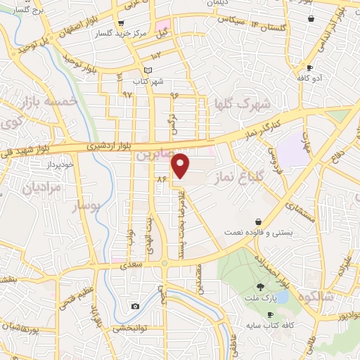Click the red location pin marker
point(181,165)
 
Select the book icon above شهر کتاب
point(147,70)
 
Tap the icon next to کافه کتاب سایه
point(271,316)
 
